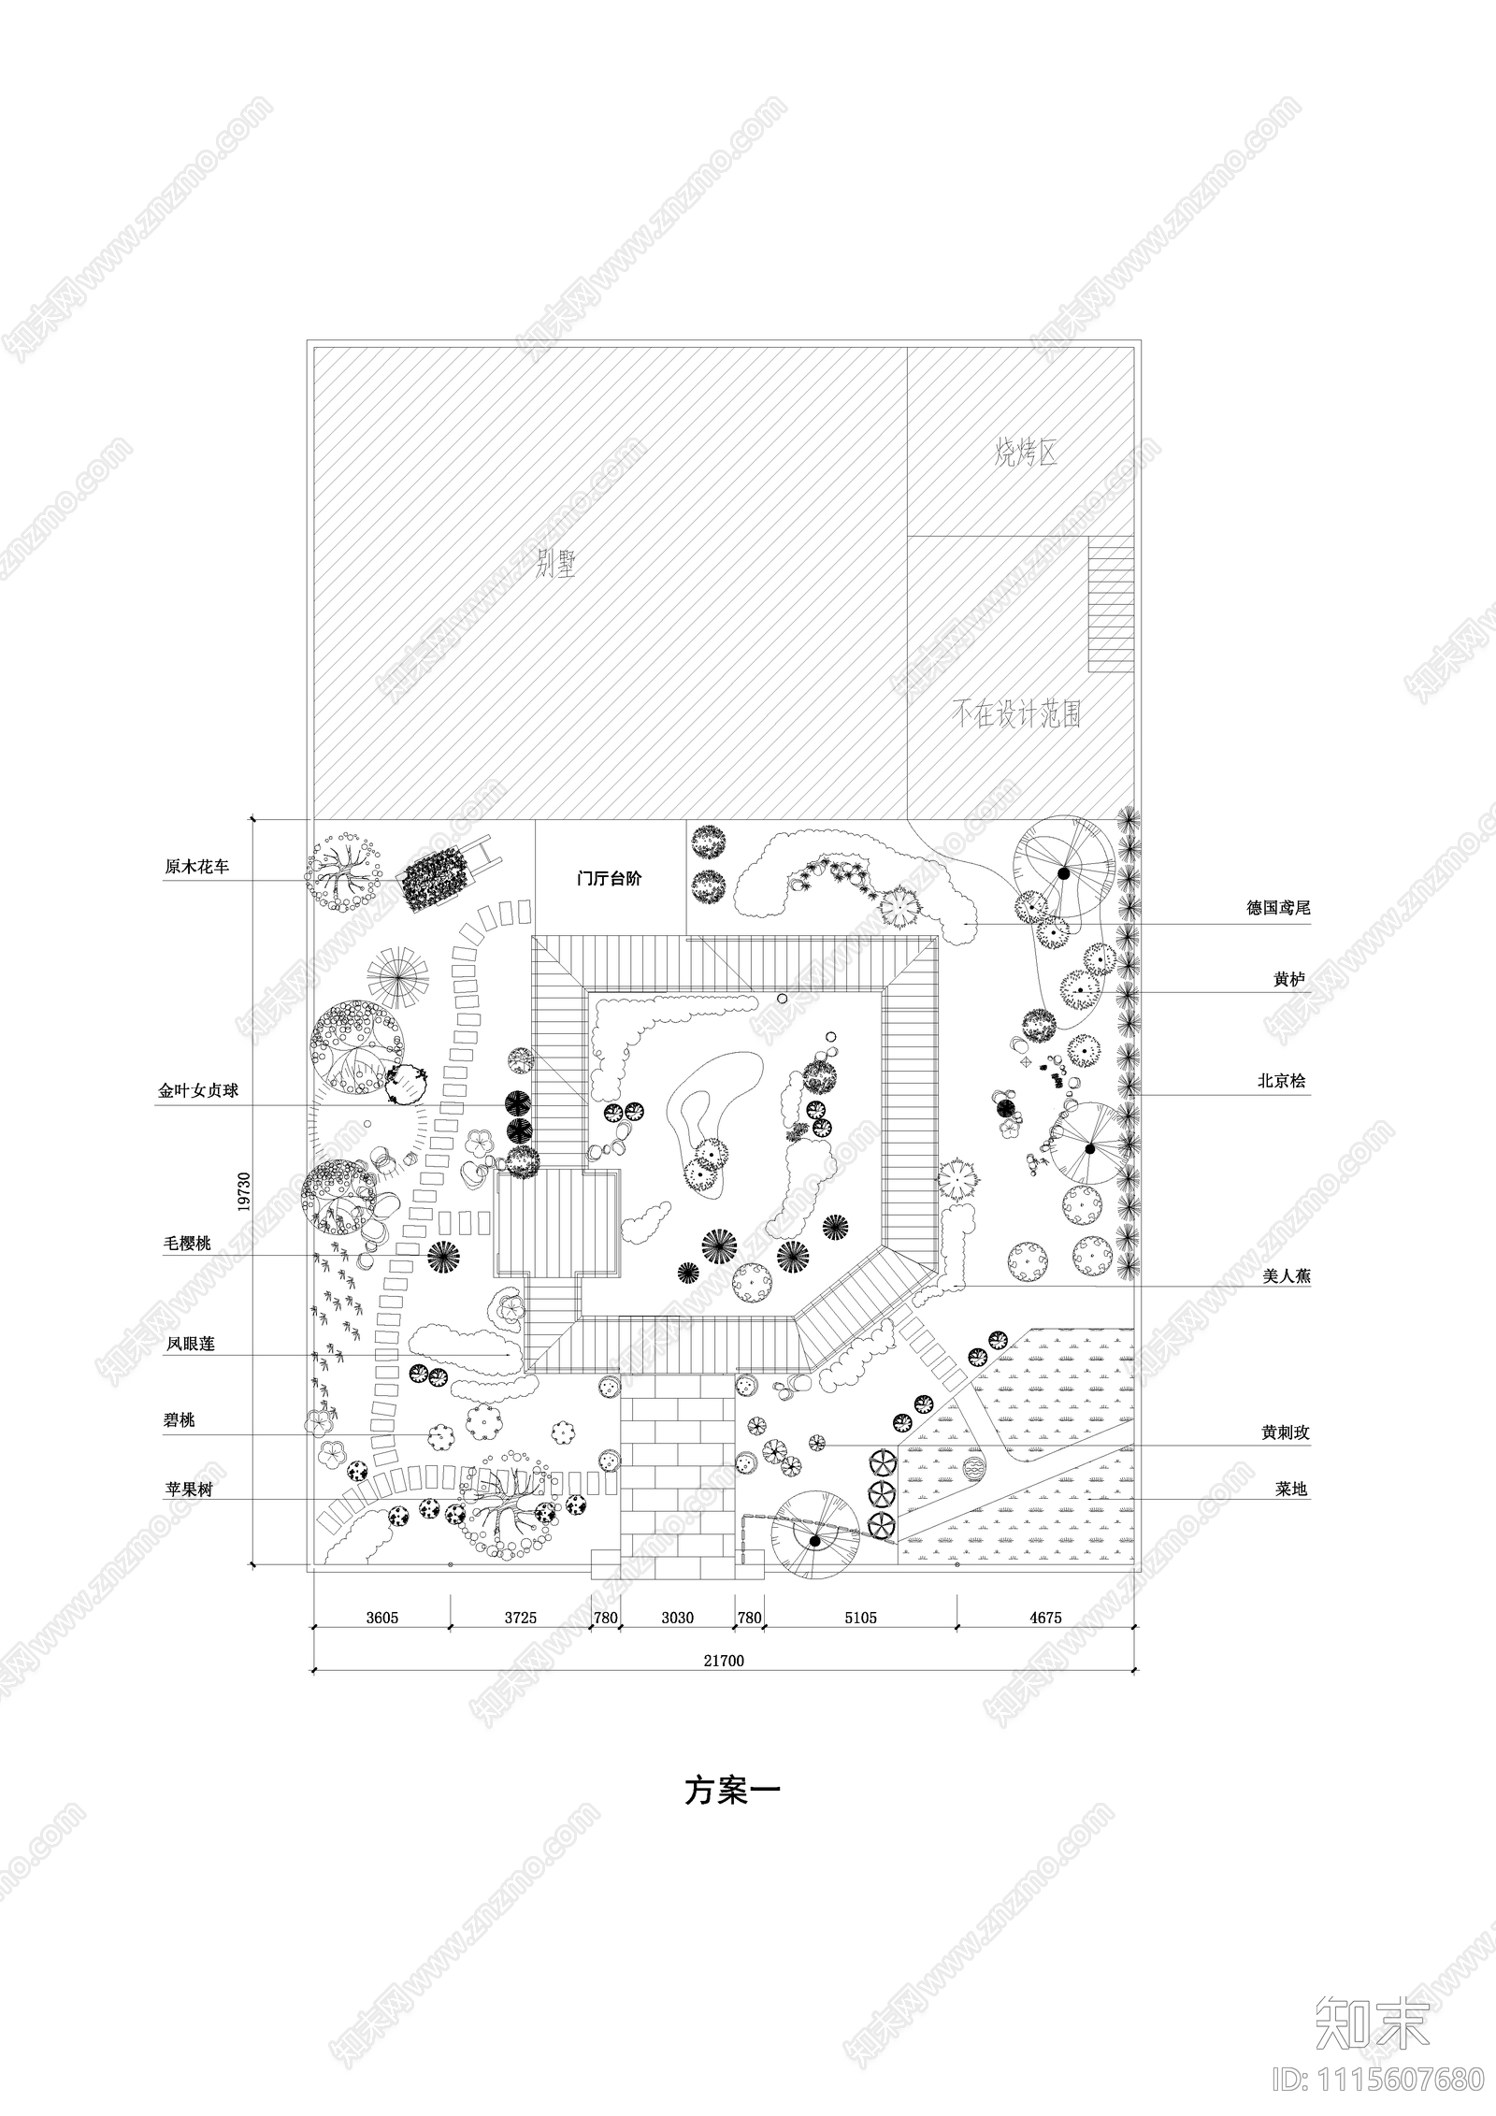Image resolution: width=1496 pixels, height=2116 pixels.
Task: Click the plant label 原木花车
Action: pos(196,868)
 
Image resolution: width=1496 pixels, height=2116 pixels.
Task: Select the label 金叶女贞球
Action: pos(197,1090)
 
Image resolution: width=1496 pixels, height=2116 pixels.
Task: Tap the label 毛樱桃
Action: pos(187,1244)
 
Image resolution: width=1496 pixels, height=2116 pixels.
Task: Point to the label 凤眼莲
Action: pos(190,1344)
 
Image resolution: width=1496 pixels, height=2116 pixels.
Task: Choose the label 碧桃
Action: pos(179,1420)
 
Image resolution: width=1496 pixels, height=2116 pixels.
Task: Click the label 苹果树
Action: pos(189,1490)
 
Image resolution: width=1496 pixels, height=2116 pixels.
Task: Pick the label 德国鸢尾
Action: pos(1278,908)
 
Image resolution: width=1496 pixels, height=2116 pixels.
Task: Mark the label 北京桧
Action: pos(1281,1081)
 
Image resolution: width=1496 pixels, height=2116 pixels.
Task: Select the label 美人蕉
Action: pos(1287,1274)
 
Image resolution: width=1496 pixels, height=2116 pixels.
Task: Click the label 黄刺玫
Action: pos(1284,1432)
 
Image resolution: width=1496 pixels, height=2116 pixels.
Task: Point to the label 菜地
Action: pos(1291,1489)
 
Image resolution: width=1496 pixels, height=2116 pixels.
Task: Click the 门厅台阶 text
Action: pos(610,879)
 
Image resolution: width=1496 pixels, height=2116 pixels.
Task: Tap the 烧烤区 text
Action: pos(1026,455)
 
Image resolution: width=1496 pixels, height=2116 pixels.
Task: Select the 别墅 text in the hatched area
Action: pos(555,566)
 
